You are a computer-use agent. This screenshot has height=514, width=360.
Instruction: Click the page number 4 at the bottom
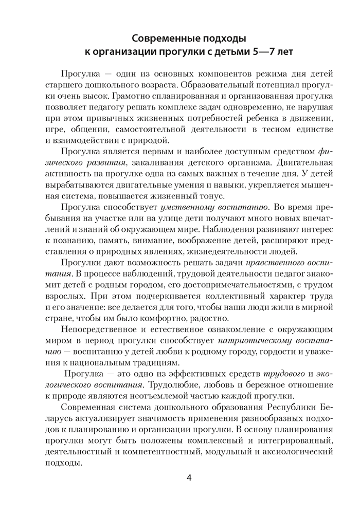[189, 479]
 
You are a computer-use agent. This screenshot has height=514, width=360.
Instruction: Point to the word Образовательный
[205, 83]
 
